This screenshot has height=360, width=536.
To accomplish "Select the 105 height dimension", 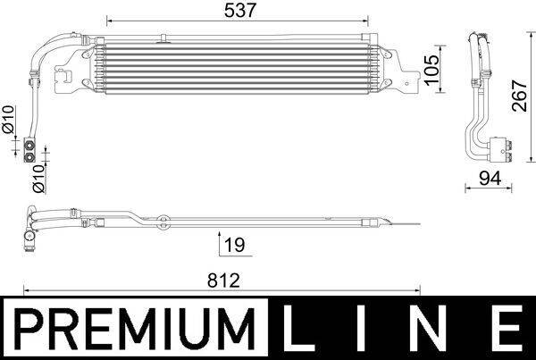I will coord(431,66).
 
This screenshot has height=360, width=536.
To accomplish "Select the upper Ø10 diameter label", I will coord(9,121).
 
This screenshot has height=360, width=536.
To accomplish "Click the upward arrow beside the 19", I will coord(220,243).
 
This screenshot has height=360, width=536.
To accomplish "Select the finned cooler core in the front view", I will coord(237,67).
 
